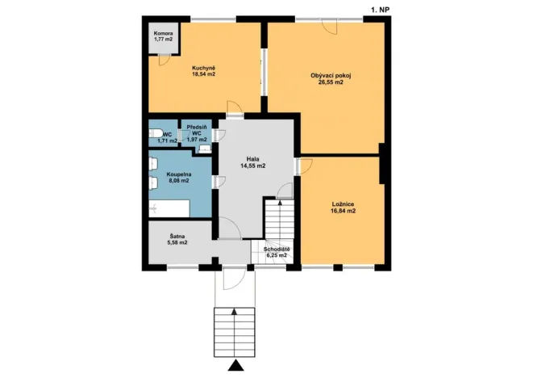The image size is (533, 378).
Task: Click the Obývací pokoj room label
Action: point(331,78)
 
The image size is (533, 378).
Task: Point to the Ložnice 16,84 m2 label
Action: point(343,207)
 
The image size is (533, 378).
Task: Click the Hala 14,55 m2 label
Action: point(252,162)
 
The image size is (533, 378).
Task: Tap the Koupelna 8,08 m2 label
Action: point(178,177)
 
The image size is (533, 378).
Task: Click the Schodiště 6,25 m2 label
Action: point(277,252)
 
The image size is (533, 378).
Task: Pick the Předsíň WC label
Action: point(198,133)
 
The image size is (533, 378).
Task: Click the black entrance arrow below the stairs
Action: point(234,367)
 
